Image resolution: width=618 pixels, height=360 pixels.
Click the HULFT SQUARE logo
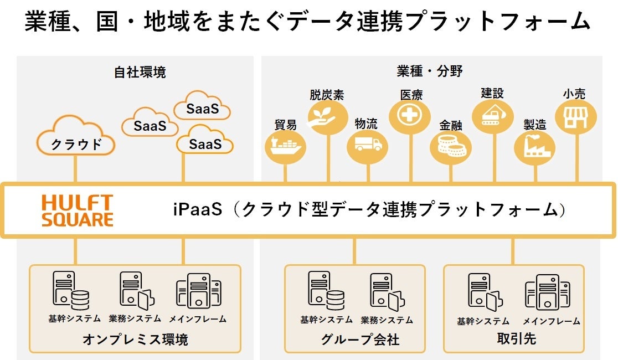78,210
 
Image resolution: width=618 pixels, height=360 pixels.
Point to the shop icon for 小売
576,116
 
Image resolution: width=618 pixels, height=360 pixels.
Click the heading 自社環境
140,73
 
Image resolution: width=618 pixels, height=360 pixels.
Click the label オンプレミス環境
135,339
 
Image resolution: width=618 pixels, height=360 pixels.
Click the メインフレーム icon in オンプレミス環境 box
198,291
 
